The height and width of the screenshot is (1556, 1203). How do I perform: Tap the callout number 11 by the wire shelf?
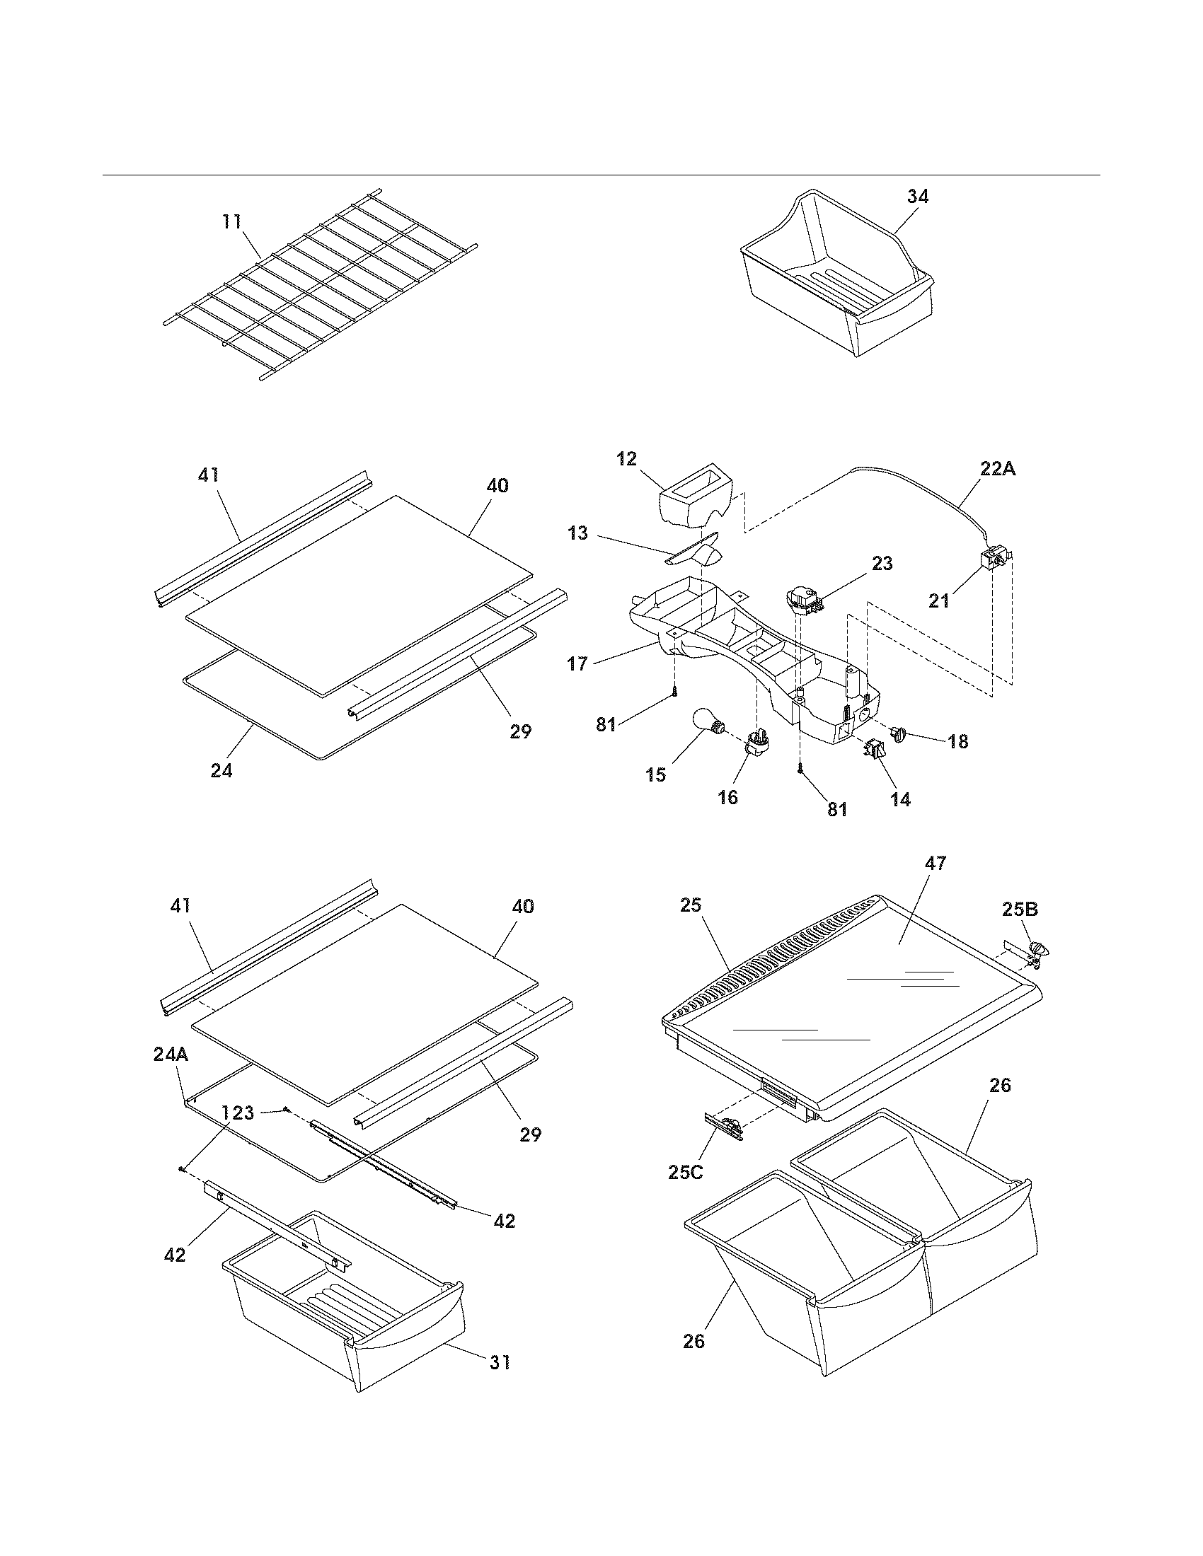231,221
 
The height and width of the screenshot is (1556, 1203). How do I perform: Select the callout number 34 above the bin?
918,197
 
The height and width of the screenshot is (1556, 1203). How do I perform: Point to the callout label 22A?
998,469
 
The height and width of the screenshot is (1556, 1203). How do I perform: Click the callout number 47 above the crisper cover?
935,864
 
